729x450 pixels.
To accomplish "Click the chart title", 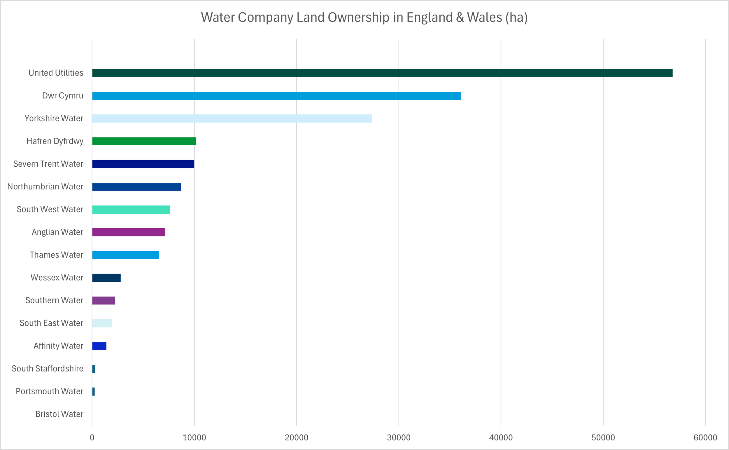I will [x=364, y=17].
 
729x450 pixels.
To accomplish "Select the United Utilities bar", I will [x=382, y=73].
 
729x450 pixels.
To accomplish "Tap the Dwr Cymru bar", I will [x=276, y=96].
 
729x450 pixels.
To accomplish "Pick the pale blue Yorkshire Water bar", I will [x=232, y=118].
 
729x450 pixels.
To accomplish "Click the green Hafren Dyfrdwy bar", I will [x=144, y=141].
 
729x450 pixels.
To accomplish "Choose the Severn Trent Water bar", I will [x=143, y=164].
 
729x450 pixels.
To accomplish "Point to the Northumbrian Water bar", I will [x=136, y=187].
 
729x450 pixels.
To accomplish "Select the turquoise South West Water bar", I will [x=131, y=210].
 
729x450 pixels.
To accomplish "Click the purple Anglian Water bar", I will [x=128, y=232].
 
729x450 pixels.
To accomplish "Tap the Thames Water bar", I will [x=125, y=255].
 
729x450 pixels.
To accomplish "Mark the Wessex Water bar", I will [x=106, y=278].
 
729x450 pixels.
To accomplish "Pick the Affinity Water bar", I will [x=99, y=346].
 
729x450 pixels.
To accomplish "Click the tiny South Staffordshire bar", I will [x=94, y=369].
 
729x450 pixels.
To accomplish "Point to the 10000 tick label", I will [x=194, y=437].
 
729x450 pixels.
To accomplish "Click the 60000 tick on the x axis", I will [x=705, y=437].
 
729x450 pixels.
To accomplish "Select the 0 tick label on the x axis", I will [x=92, y=437].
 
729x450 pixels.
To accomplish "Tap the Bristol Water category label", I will [x=59, y=414].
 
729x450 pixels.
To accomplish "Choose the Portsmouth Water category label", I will [x=49, y=391].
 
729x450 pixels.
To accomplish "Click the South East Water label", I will [x=51, y=323].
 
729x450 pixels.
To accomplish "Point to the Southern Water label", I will [x=54, y=300].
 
